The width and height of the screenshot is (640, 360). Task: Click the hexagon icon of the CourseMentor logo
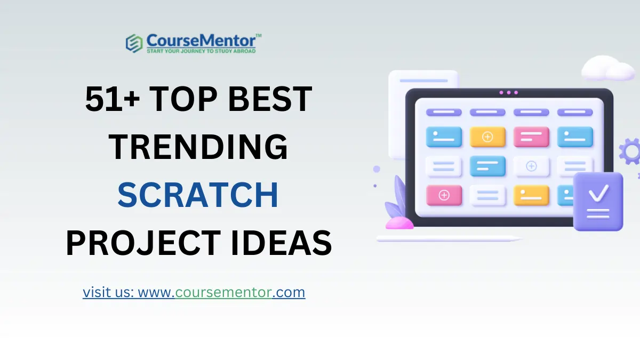pyautogui.click(x=134, y=43)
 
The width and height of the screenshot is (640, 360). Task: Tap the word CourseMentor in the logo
pyautogui.click(x=201, y=41)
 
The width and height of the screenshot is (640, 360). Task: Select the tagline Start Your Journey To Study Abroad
pyautogui.click(x=201, y=51)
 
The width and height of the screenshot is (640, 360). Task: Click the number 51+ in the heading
pyautogui.click(x=113, y=99)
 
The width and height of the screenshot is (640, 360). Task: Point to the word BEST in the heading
pyautogui.click(x=270, y=99)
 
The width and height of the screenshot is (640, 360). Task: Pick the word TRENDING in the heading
pyautogui.click(x=198, y=147)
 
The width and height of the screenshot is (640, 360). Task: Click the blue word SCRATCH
pyautogui.click(x=198, y=195)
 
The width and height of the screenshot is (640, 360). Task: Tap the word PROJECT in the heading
pyautogui.click(x=143, y=243)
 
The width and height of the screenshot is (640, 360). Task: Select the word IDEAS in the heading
pyautogui.click(x=281, y=243)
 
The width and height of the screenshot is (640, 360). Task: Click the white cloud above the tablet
pyautogui.click(x=607, y=68)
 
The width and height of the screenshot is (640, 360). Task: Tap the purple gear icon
pyautogui.click(x=630, y=151)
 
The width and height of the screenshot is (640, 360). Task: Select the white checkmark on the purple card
pyautogui.click(x=598, y=194)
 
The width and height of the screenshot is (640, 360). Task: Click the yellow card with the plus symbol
pyautogui.click(x=487, y=137)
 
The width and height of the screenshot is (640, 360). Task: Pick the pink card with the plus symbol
pyautogui.click(x=444, y=195)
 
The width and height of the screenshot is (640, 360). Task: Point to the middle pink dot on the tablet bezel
pyautogui.click(x=509, y=93)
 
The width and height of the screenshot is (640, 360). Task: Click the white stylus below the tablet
pyautogui.click(x=449, y=238)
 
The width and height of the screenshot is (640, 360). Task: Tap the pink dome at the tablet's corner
pyautogui.click(x=399, y=223)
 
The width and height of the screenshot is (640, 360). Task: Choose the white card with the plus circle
pyautogui.click(x=531, y=166)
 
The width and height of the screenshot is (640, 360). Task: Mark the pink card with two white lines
pyautogui.click(x=531, y=137)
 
